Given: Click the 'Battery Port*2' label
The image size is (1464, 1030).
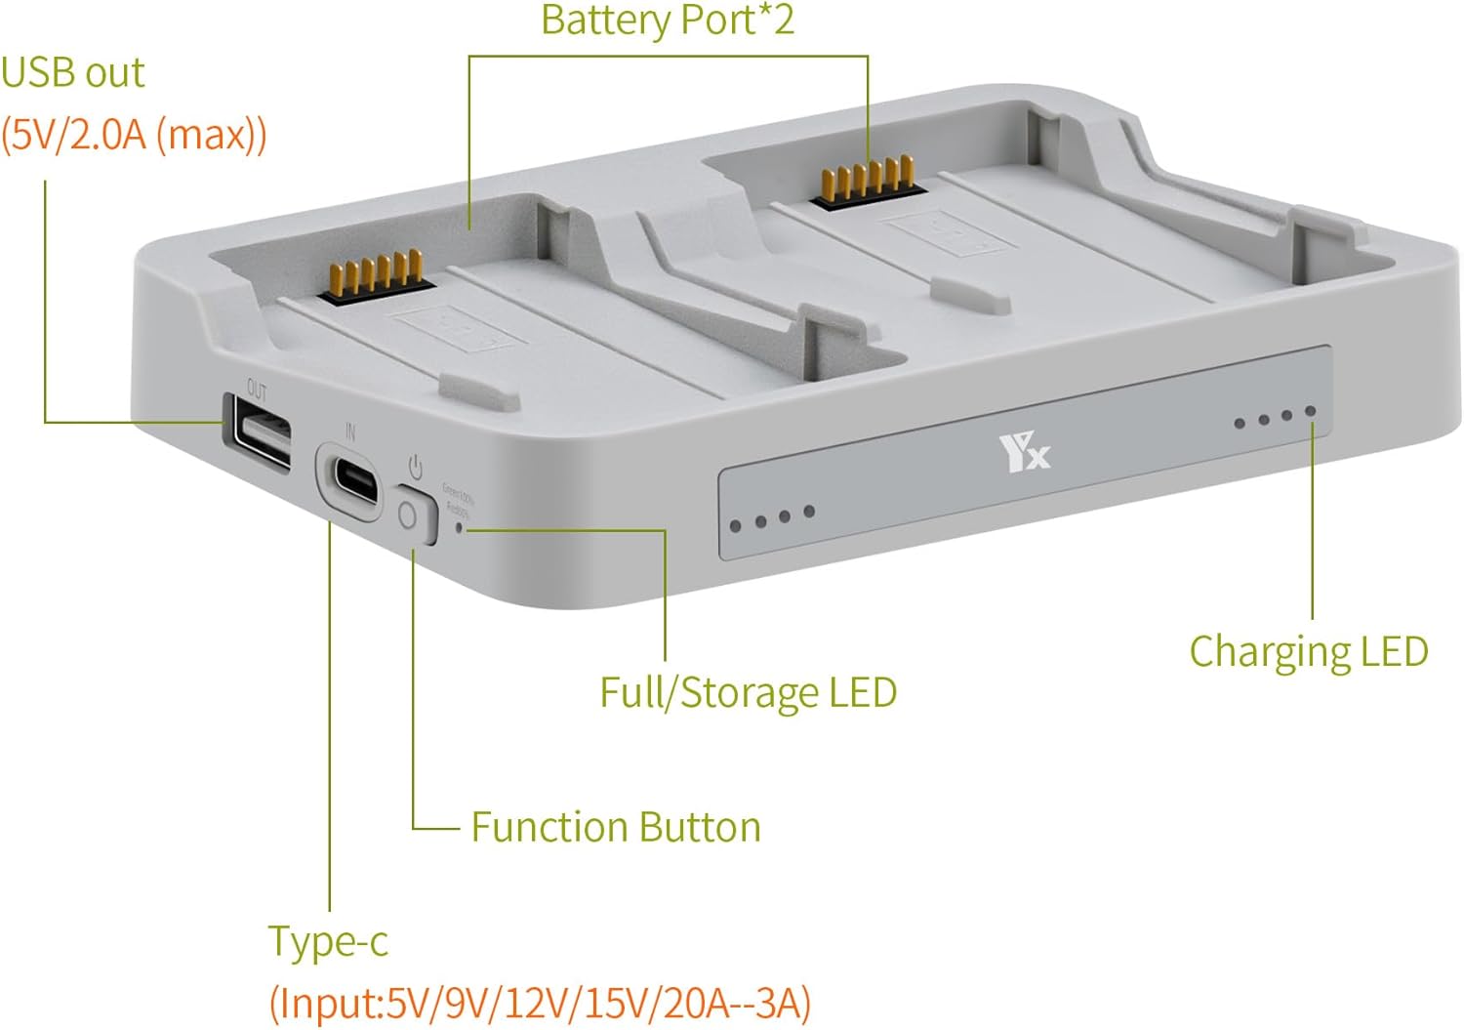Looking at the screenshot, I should pos(668,21).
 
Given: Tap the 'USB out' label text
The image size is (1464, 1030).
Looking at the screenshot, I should pos(73,73).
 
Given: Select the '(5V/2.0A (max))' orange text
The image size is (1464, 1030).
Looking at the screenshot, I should pos(134,134).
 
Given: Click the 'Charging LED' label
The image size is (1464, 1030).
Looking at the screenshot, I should pos(1308,651).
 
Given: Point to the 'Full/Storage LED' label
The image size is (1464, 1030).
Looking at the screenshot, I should pos(748,692).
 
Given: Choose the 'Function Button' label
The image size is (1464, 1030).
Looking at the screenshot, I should pos(615,827).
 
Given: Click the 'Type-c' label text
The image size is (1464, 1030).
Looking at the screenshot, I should pos(328,941).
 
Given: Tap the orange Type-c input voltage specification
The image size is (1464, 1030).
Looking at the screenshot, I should pos(540,1003).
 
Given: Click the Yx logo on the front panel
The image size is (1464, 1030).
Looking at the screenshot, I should pos(1024,454).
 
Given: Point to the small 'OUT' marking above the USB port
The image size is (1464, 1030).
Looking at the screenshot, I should pos(256,391).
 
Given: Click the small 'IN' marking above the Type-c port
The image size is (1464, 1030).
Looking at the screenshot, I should pos(349,431).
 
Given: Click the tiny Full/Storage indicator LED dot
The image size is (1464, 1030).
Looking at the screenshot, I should pos(460,528).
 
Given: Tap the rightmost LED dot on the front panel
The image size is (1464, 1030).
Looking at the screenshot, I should pos(1310,412).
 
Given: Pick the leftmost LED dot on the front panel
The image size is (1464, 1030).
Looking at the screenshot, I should pos(736,526).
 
